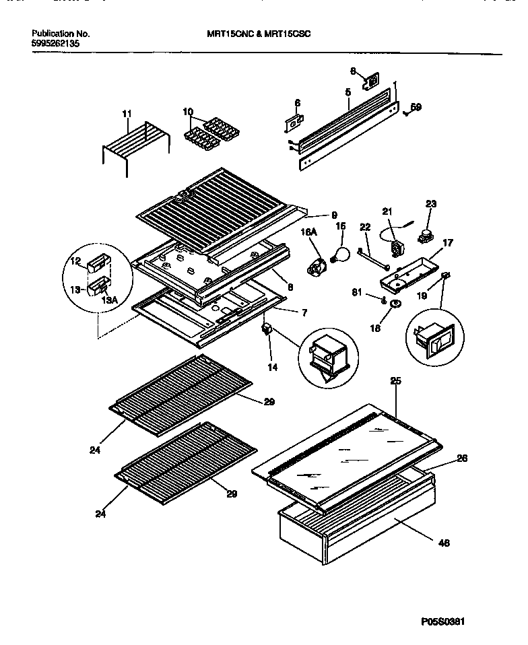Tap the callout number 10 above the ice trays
coord(187,111)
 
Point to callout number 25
coord(395,382)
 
